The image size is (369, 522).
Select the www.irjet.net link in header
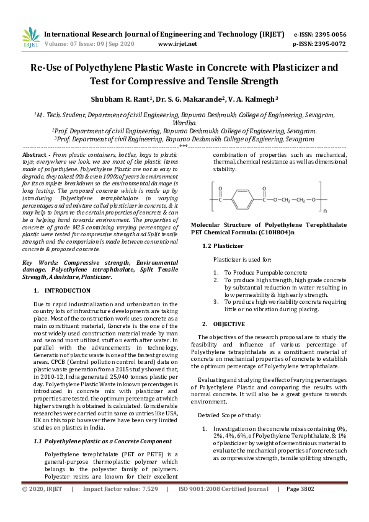point(177,44)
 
